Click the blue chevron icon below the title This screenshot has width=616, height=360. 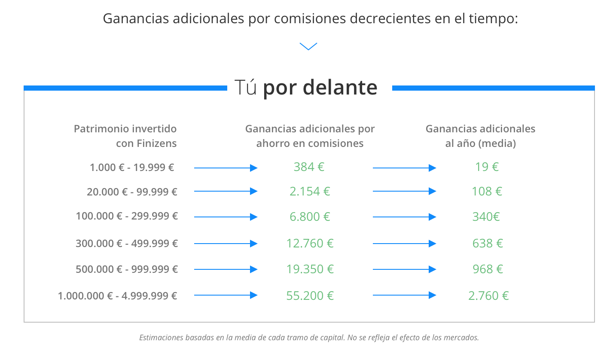click(308, 46)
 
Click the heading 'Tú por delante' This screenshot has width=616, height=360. click(306, 88)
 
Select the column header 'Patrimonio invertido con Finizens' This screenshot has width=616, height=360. click(125, 136)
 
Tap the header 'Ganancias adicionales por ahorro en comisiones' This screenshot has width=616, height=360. click(310, 136)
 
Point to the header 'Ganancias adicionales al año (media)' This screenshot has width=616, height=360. click(480, 136)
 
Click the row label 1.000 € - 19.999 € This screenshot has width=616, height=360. click(132, 167)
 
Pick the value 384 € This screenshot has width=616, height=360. click(309, 167)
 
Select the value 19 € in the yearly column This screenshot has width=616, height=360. click(487, 167)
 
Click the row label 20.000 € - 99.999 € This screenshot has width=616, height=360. click(132, 192)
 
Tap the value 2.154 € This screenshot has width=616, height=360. click(310, 192)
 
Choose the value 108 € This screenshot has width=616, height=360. click(487, 192)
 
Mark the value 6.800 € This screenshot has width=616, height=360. click(310, 217)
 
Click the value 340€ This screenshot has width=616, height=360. click(486, 217)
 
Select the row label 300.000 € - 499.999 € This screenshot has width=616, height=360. click(127, 244)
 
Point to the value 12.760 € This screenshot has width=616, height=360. click(310, 244)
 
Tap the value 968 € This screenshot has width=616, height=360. click(487, 269)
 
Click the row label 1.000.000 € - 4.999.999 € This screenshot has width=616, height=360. click(118, 296)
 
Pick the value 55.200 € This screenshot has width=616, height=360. click(310, 296)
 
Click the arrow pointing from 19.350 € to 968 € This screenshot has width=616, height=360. click(404, 269)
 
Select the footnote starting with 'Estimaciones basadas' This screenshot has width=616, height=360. click(309, 338)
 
